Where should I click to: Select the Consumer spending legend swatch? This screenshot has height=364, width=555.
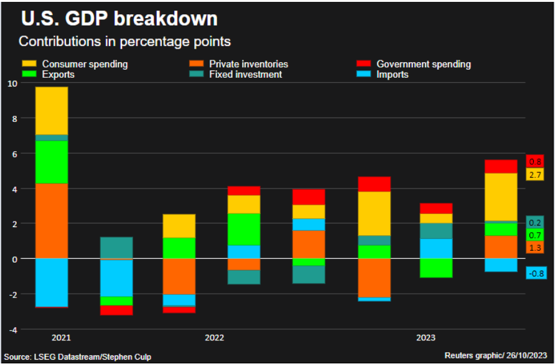(29, 64)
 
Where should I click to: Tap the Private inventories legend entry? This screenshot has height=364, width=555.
(248, 64)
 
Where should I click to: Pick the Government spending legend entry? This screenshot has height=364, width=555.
(423, 64)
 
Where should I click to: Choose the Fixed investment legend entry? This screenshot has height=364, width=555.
(245, 75)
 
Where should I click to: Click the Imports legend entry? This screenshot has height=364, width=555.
(392, 75)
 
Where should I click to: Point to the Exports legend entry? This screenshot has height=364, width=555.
(58, 75)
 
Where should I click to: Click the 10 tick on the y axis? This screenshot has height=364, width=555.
(11, 83)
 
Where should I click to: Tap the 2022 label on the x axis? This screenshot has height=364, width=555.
(214, 338)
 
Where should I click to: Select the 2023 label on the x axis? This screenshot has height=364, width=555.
(426, 338)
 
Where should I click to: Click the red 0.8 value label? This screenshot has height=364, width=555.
(535, 162)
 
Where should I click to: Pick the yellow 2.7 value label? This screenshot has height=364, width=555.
(535, 175)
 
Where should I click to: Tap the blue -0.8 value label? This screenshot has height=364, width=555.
(535, 273)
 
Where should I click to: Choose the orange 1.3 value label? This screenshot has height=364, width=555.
(535, 248)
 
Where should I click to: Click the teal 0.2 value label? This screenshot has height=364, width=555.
(535, 223)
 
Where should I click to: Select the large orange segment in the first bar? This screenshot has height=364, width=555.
(52, 221)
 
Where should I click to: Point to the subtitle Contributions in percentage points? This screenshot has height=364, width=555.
(124, 42)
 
